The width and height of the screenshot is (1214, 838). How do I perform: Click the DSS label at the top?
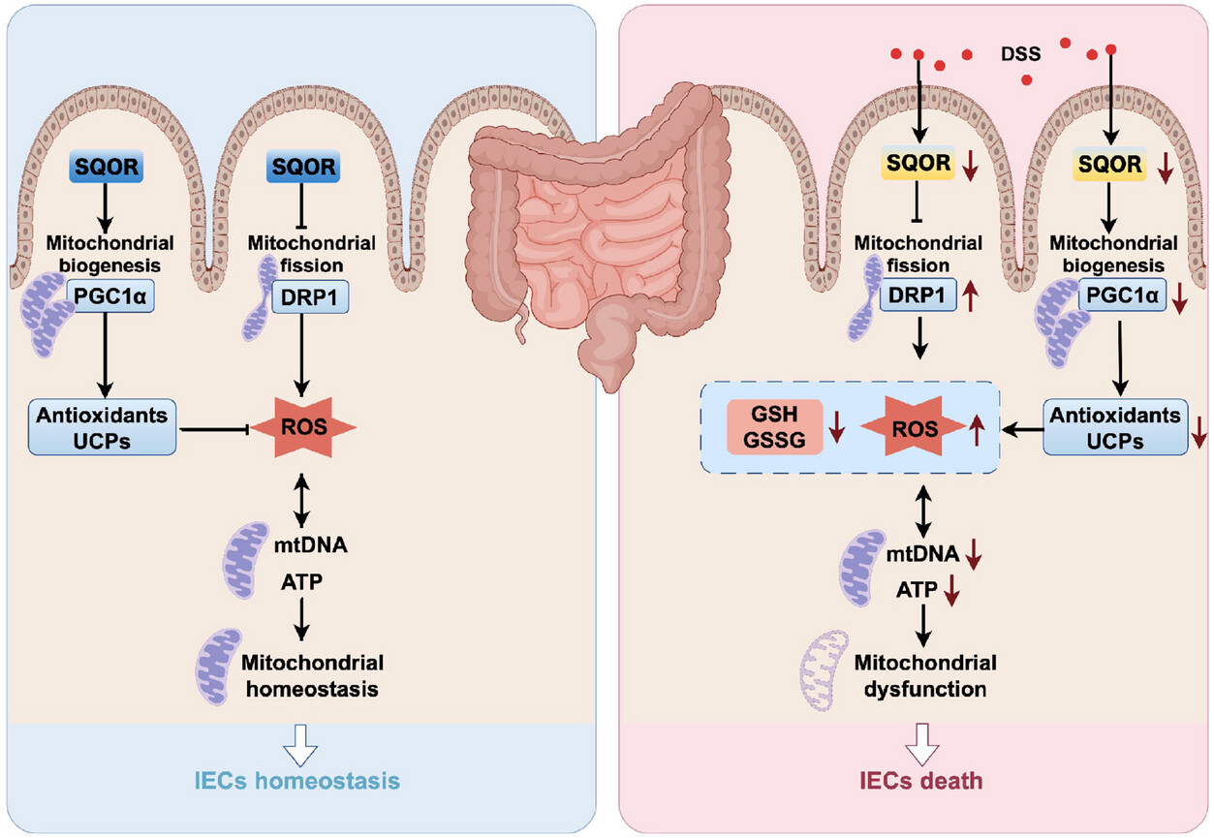tap(1020, 53)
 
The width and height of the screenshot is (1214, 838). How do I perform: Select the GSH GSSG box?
tap(774, 427)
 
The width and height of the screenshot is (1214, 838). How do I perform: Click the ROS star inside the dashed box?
tap(915, 427)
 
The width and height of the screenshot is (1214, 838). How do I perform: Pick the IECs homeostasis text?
tap(297, 781)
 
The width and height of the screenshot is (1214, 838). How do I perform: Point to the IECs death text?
tap(920, 781)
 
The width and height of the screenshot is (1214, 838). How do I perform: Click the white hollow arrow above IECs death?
tap(921, 744)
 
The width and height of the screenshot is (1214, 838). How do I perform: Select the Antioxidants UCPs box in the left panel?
tap(103, 427)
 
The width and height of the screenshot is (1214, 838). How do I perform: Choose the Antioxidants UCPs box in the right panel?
tap(1115, 427)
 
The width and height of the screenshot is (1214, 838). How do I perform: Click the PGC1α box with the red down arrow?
tap(1122, 295)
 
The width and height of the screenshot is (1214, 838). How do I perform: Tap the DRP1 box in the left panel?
tap(309, 296)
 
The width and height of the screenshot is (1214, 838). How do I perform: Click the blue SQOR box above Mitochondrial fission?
tap(303, 167)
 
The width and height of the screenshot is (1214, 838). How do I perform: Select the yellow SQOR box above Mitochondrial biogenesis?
tap(1109, 164)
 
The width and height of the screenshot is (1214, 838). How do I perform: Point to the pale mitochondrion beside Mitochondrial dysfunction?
tap(824, 670)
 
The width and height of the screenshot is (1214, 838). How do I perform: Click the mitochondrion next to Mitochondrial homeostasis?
tap(218, 667)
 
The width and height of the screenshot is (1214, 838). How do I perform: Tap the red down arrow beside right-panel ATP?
tap(951, 590)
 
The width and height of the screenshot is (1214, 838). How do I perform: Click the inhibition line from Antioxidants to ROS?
tap(215, 430)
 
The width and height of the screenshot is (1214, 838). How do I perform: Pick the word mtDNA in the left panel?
tap(311, 544)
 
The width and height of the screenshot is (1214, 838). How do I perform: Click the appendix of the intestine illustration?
tap(519, 325)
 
